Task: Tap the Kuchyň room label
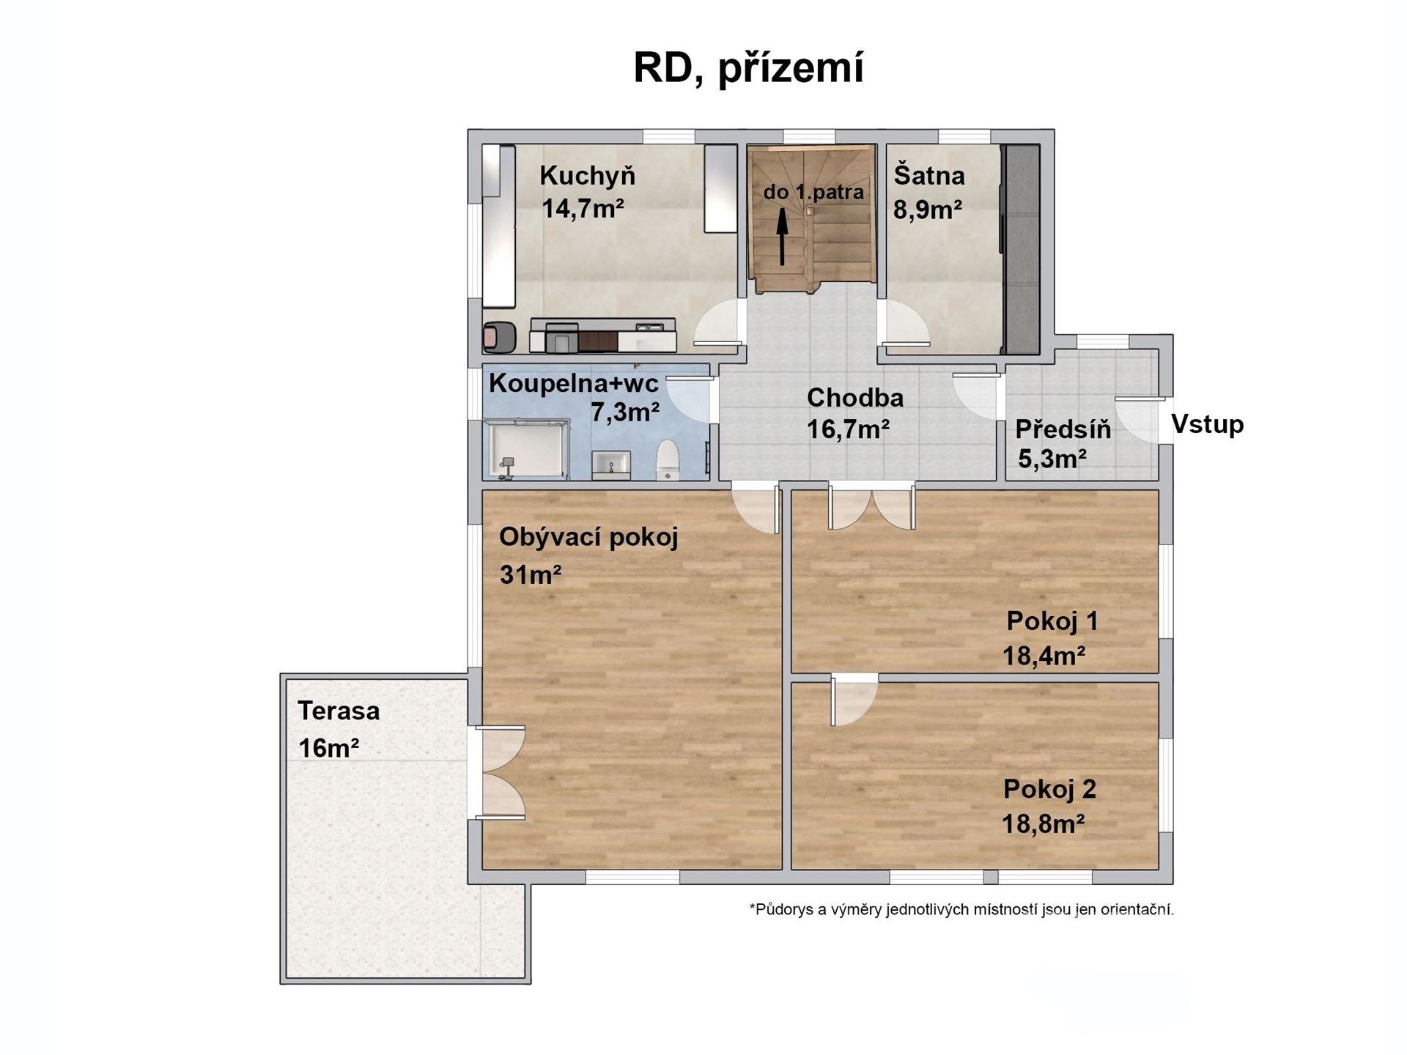pyautogui.click(x=587, y=176)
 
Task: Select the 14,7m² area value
pyautogui.click(x=583, y=209)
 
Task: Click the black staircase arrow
pyautogui.click(x=783, y=236)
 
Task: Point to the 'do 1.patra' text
pyautogui.click(x=813, y=193)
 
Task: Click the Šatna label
pyautogui.click(x=929, y=176)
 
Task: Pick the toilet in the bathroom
pyautogui.click(x=667, y=459)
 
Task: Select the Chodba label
pyautogui.click(x=855, y=398)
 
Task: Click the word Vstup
pyautogui.click(x=1208, y=424)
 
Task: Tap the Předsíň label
pyautogui.click(x=1063, y=429)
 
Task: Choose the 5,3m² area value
pyautogui.click(x=1052, y=459)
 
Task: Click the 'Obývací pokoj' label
pyautogui.click(x=588, y=538)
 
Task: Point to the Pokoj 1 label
pyautogui.click(x=1052, y=621)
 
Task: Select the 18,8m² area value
pyautogui.click(x=1044, y=824)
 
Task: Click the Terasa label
pyautogui.click(x=339, y=711)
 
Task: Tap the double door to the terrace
pyautogui.click(x=501, y=772)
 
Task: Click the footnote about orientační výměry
pyautogui.click(x=961, y=910)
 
